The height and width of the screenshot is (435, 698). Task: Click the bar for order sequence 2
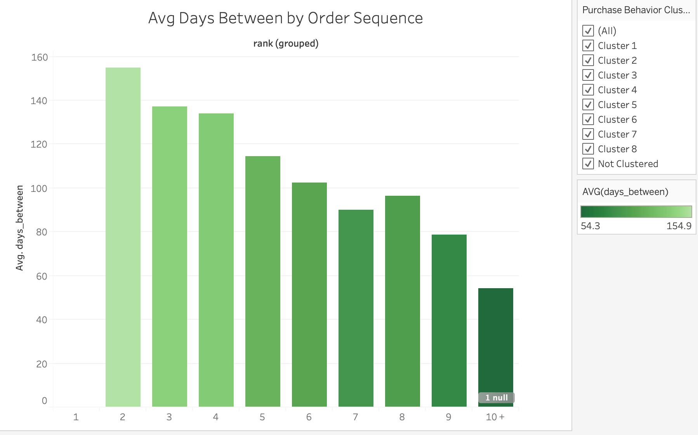click(123, 237)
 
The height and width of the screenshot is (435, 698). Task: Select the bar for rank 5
click(262, 281)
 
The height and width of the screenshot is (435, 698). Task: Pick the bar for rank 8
click(402, 301)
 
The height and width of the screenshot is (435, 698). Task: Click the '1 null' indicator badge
click(496, 398)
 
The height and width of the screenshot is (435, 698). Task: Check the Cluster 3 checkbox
click(588, 75)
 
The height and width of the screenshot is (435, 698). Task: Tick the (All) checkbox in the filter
click(588, 31)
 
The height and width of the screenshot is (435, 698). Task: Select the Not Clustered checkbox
click(588, 164)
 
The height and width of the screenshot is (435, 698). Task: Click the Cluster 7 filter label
click(617, 134)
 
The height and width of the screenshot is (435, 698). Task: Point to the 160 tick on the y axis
click(40, 57)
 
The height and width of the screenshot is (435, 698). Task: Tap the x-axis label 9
click(448, 417)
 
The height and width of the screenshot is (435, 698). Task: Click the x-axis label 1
click(76, 417)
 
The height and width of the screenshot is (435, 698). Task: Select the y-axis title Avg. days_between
click(19, 228)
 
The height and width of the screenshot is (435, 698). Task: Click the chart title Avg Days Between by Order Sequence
click(285, 18)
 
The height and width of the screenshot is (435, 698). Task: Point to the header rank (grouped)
click(286, 43)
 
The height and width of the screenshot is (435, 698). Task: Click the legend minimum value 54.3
click(590, 226)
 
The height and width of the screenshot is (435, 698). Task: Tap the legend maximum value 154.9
click(679, 226)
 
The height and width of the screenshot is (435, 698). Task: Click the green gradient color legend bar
click(636, 212)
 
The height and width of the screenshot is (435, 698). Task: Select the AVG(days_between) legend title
click(625, 191)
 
